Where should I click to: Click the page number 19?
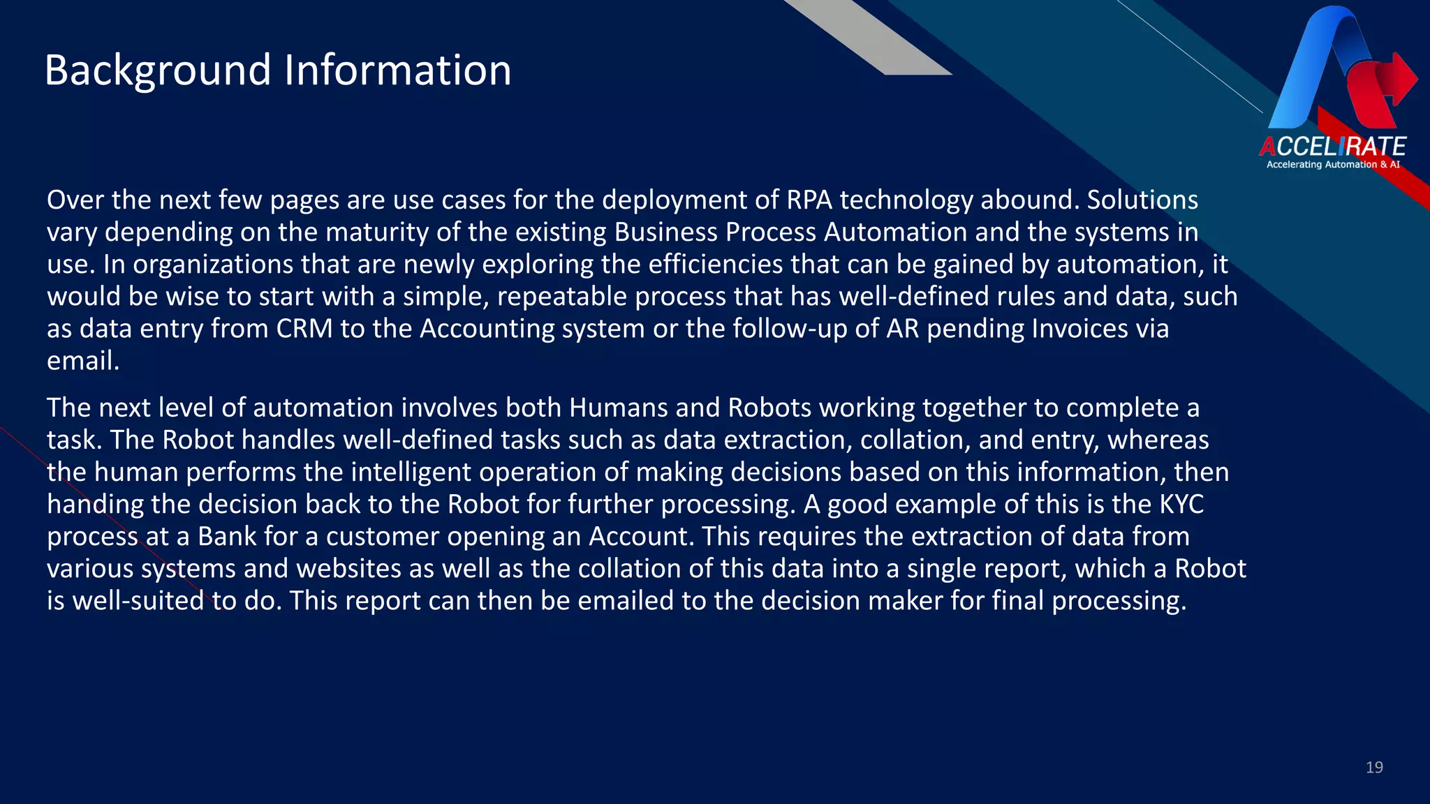tap(1374, 768)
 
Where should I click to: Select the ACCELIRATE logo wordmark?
tap(1332, 147)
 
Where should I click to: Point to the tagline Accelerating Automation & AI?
tap(1333, 165)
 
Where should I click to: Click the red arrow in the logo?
tap(1393, 80)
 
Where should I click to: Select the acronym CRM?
tap(304, 329)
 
